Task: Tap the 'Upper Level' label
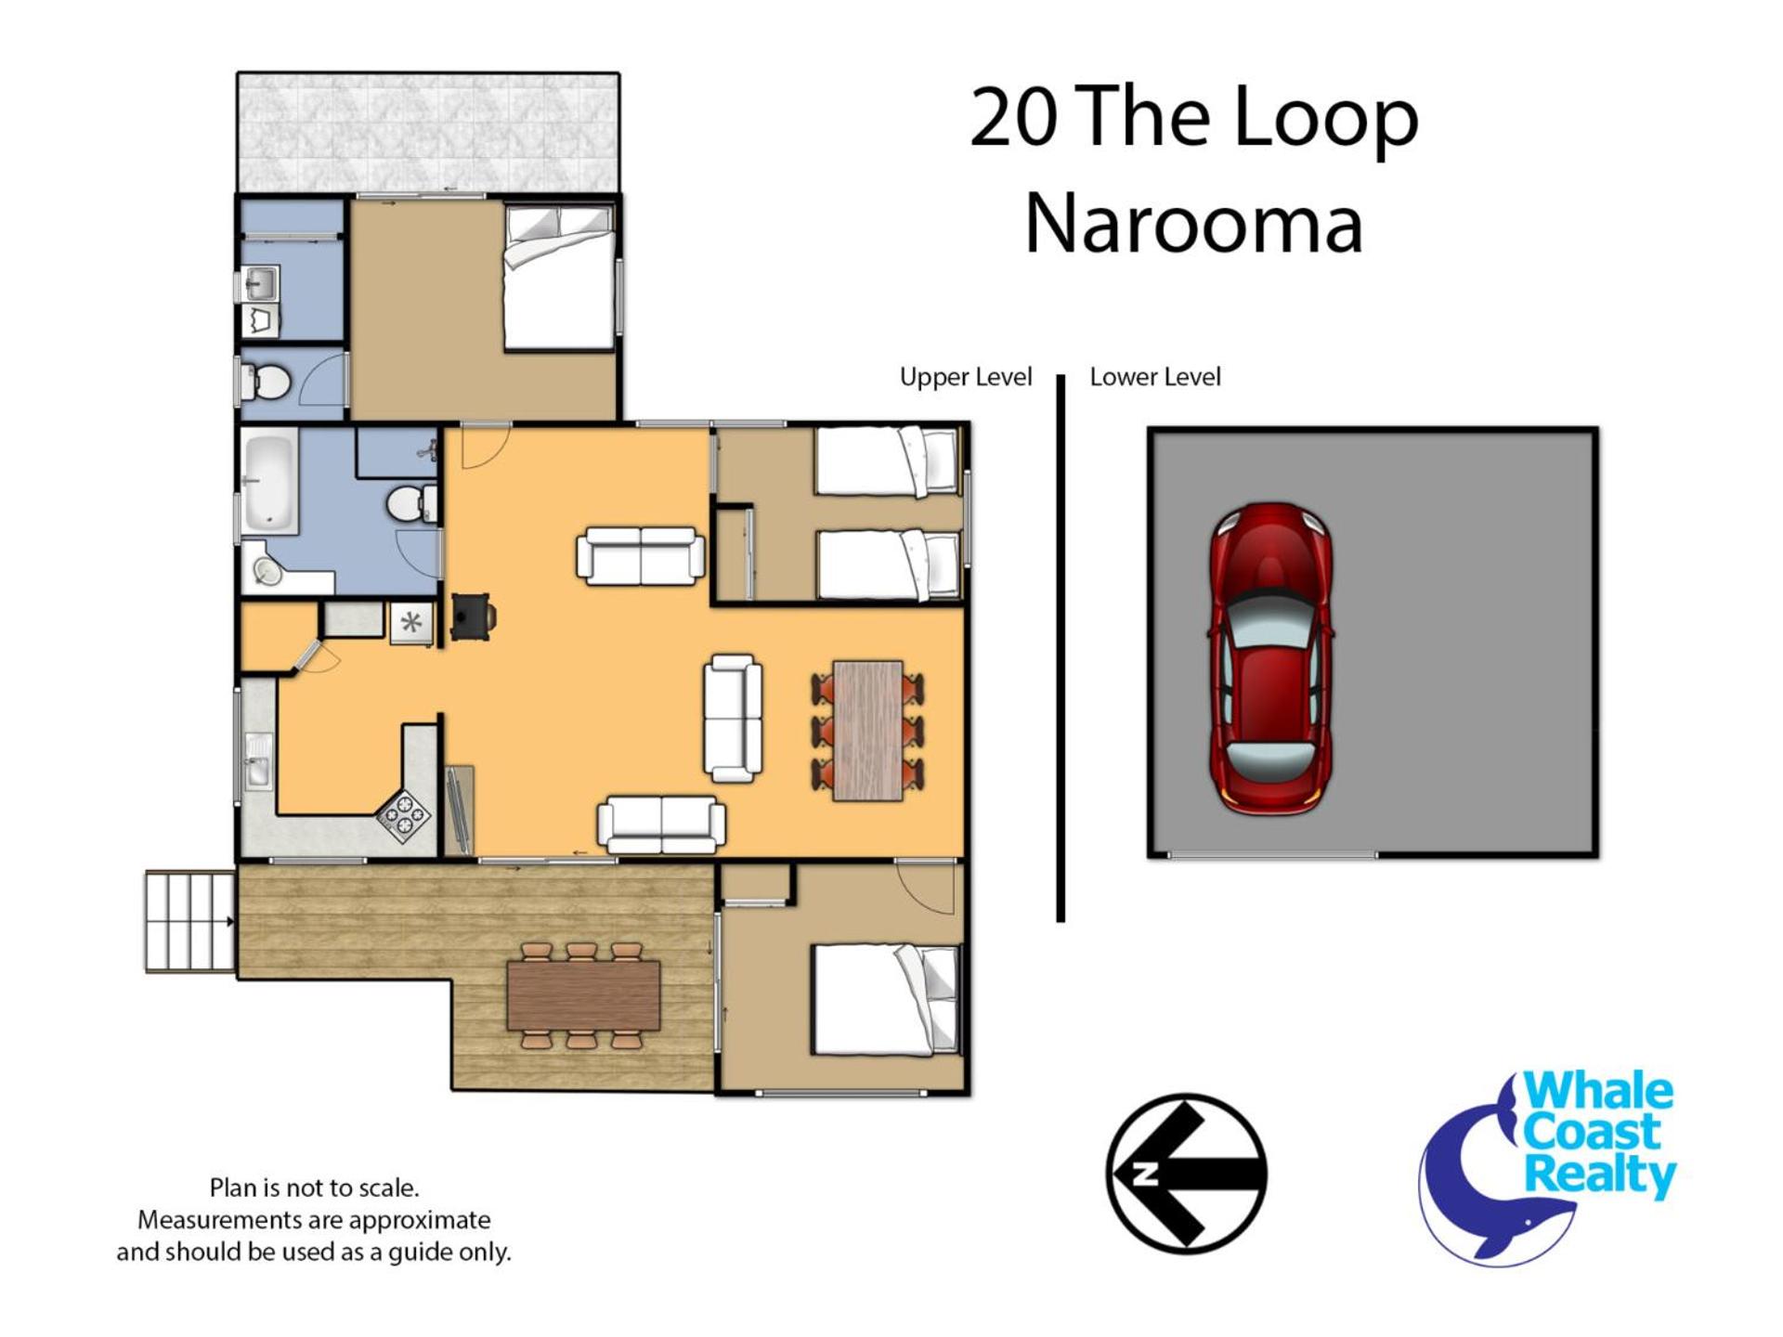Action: click(966, 377)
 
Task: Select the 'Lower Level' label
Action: click(1155, 377)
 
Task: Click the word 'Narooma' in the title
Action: click(1193, 224)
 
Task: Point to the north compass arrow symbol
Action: click(1186, 1174)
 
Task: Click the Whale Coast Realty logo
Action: click(1548, 1167)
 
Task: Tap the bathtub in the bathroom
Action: click(269, 482)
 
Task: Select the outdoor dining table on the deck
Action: click(583, 996)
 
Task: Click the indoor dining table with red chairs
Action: click(868, 730)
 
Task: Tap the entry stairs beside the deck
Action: click(190, 921)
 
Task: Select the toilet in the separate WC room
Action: click(267, 381)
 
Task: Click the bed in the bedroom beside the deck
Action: click(885, 999)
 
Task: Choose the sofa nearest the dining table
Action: click(733, 718)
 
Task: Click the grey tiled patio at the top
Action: click(428, 133)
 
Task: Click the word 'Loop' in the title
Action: click(1325, 119)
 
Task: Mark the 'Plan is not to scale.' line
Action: click(314, 1188)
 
